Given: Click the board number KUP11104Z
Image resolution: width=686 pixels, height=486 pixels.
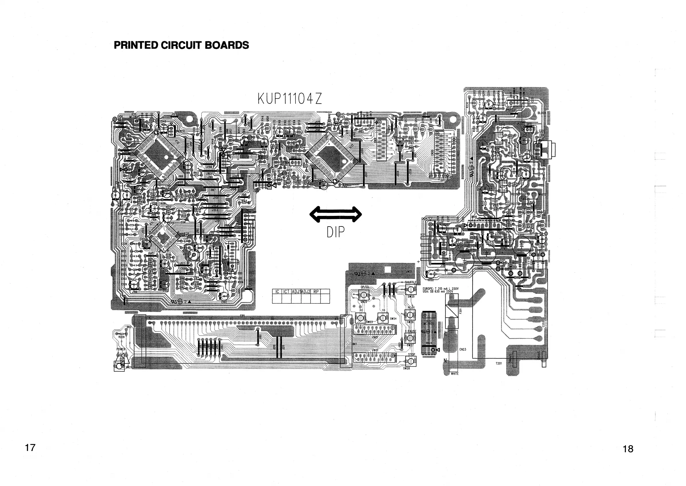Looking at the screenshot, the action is (x=290, y=99).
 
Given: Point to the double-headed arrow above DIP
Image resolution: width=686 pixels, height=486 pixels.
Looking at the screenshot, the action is (x=335, y=214).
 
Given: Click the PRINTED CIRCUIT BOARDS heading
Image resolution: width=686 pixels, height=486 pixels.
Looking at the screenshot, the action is (x=181, y=45).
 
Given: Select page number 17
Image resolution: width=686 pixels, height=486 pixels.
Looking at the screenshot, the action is (x=30, y=448).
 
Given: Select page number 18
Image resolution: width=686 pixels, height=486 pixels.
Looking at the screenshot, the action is (x=628, y=449).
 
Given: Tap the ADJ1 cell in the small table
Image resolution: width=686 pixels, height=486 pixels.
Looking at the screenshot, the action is (x=296, y=291).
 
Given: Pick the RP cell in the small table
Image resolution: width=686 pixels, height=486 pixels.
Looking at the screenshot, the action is (x=316, y=291).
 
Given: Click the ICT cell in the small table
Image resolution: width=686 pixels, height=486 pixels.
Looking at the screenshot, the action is (x=287, y=291).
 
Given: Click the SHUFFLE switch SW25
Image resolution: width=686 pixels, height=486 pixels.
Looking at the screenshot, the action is (x=410, y=289).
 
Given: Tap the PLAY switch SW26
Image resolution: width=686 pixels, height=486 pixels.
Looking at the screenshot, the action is (x=410, y=315).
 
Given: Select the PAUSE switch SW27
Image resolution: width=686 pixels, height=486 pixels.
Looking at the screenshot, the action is (x=410, y=338).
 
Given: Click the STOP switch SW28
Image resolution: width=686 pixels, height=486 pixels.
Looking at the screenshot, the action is (x=410, y=361).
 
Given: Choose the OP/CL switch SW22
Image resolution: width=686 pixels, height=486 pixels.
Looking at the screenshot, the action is (x=364, y=295).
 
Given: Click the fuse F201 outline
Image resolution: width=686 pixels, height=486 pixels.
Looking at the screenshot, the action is (x=452, y=311).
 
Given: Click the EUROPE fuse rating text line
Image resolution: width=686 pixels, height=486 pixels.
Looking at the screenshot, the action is (x=440, y=288).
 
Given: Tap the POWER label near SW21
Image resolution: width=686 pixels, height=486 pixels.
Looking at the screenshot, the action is (x=121, y=349).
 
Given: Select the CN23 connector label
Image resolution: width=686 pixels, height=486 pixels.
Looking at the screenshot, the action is (x=463, y=349).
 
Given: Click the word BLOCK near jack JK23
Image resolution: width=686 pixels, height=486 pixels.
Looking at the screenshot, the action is (x=542, y=113).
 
